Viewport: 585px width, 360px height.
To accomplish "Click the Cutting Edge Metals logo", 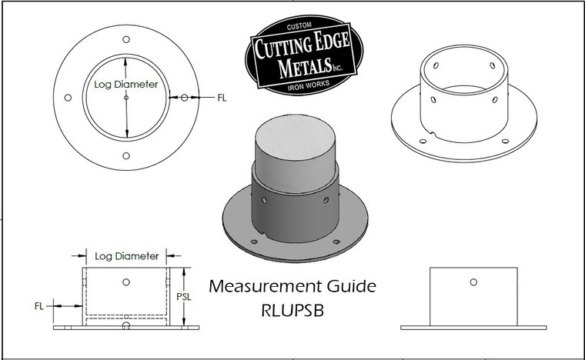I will tap(303, 56).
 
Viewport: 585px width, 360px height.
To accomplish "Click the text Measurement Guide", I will tap(292, 287).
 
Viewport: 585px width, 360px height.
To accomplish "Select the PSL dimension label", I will tap(196, 296).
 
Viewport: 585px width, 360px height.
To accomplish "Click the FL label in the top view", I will tap(222, 98).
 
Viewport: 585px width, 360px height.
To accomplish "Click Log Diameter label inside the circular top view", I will tap(125, 85).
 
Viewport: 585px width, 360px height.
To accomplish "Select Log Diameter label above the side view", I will tap(126, 255).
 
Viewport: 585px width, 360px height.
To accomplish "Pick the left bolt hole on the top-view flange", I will tap(68, 98).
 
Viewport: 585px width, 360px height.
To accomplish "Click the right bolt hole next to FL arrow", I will tap(185, 98).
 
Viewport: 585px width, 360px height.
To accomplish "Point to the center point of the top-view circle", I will tap(126, 98).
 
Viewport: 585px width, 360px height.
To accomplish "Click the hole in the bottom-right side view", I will tap(473, 282).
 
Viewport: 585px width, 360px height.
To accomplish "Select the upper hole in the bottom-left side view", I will tap(126, 282).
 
